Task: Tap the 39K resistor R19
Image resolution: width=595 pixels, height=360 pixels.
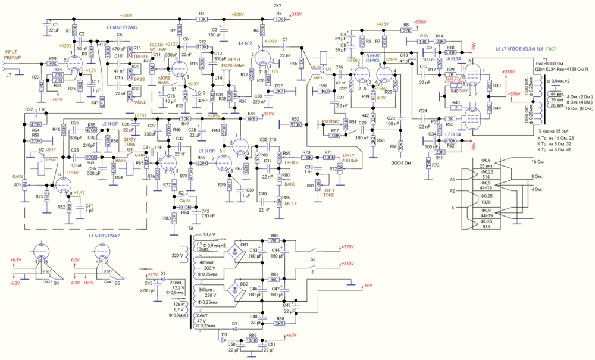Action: tap(52, 62)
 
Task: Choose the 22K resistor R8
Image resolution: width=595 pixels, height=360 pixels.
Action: tap(406, 29)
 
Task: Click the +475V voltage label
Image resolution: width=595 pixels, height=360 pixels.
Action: tap(382, 24)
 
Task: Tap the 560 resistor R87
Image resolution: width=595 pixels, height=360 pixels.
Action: tap(274, 279)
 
